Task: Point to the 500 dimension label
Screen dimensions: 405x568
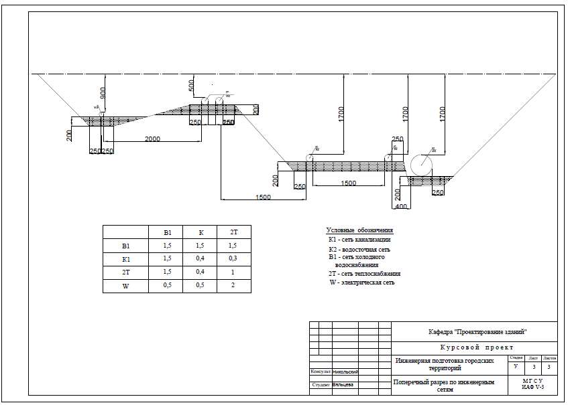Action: [191, 86]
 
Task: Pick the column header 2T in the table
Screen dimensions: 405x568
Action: [234, 232]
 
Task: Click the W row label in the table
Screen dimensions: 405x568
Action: [125, 286]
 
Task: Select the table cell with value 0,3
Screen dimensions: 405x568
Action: [234, 258]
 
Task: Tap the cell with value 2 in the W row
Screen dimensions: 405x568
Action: [234, 286]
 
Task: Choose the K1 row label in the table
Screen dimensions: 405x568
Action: [125, 258]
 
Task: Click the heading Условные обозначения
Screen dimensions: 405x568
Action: [359, 230]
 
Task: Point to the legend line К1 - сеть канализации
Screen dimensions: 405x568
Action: [359, 240]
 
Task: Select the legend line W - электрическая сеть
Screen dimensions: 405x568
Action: [361, 282]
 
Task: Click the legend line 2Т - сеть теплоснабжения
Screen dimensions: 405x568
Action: [364, 274]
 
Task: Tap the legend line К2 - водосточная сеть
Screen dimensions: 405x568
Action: [359, 249]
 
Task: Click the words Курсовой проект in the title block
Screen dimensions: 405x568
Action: [477, 347]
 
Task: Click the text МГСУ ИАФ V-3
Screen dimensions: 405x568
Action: [532, 384]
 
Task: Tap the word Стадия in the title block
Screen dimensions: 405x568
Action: [516, 358]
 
